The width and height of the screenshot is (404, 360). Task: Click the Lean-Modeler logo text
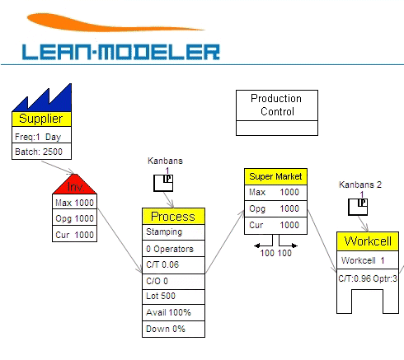[121, 52]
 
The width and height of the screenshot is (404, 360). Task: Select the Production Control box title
[277, 105]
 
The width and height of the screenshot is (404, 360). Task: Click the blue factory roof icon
[42, 98]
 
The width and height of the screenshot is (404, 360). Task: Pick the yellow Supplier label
[41, 119]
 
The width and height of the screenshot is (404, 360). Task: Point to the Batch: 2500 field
[41, 152]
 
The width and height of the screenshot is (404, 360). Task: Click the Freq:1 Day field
[41, 136]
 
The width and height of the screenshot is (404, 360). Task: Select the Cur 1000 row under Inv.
[74, 234]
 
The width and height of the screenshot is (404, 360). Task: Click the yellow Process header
[173, 217]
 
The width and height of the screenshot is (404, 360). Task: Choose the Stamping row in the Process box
[173, 232]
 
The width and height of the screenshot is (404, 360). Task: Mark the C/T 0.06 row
[173, 264]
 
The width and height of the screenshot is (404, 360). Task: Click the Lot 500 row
[173, 297]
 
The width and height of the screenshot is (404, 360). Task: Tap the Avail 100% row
[173, 312]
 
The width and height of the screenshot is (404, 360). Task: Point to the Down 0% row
[173, 329]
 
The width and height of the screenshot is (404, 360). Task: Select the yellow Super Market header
[275, 176]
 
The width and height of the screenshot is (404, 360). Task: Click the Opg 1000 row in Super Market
[275, 208]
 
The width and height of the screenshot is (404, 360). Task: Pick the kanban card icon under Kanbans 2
[358, 207]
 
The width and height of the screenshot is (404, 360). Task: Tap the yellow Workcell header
[368, 241]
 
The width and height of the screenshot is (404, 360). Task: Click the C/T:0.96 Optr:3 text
[368, 278]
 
